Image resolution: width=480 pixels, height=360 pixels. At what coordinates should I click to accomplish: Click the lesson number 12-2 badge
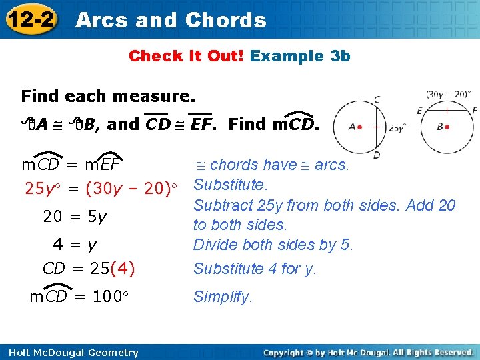pos(31,19)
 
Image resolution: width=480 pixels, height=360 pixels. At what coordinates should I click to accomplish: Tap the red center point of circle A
pos(359,127)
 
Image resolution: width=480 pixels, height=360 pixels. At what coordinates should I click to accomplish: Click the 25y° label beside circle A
pos(397,127)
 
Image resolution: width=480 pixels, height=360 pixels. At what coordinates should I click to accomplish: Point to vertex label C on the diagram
pos(377,100)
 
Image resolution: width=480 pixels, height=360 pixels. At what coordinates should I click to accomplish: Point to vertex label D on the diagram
pos(377,155)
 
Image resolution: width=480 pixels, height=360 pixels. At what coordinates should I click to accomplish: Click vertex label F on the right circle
pos(474,110)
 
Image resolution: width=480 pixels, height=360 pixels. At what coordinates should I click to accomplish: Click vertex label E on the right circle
pos(419,110)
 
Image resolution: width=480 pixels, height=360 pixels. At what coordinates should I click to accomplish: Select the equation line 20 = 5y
pos(75,217)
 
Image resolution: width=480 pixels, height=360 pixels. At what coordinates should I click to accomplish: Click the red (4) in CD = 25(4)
pos(123,269)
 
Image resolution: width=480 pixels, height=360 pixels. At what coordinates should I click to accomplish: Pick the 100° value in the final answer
pos(106,297)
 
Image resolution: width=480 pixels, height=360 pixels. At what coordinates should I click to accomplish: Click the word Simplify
pos(223,297)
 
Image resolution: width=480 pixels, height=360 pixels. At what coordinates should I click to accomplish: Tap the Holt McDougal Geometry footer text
pos(70,352)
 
